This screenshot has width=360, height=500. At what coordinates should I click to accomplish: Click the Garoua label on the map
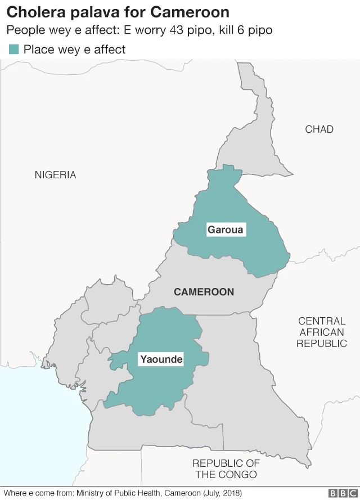click(226, 229)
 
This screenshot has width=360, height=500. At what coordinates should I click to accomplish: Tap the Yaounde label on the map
click(161, 359)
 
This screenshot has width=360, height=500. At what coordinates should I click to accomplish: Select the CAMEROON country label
click(204, 292)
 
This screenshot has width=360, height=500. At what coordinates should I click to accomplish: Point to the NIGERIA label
click(55, 174)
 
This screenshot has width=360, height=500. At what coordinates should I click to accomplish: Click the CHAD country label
click(319, 129)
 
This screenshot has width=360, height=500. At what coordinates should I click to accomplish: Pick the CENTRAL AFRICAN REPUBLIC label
click(322, 332)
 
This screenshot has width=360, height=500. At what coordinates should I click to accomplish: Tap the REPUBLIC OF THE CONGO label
click(226, 469)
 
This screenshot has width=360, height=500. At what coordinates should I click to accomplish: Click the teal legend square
click(13, 49)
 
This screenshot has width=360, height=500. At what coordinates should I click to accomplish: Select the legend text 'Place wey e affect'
click(74, 49)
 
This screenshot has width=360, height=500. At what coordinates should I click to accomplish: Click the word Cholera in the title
click(35, 12)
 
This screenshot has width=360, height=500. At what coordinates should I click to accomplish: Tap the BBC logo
click(342, 493)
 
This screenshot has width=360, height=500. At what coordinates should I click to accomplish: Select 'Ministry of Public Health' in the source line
click(117, 493)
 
